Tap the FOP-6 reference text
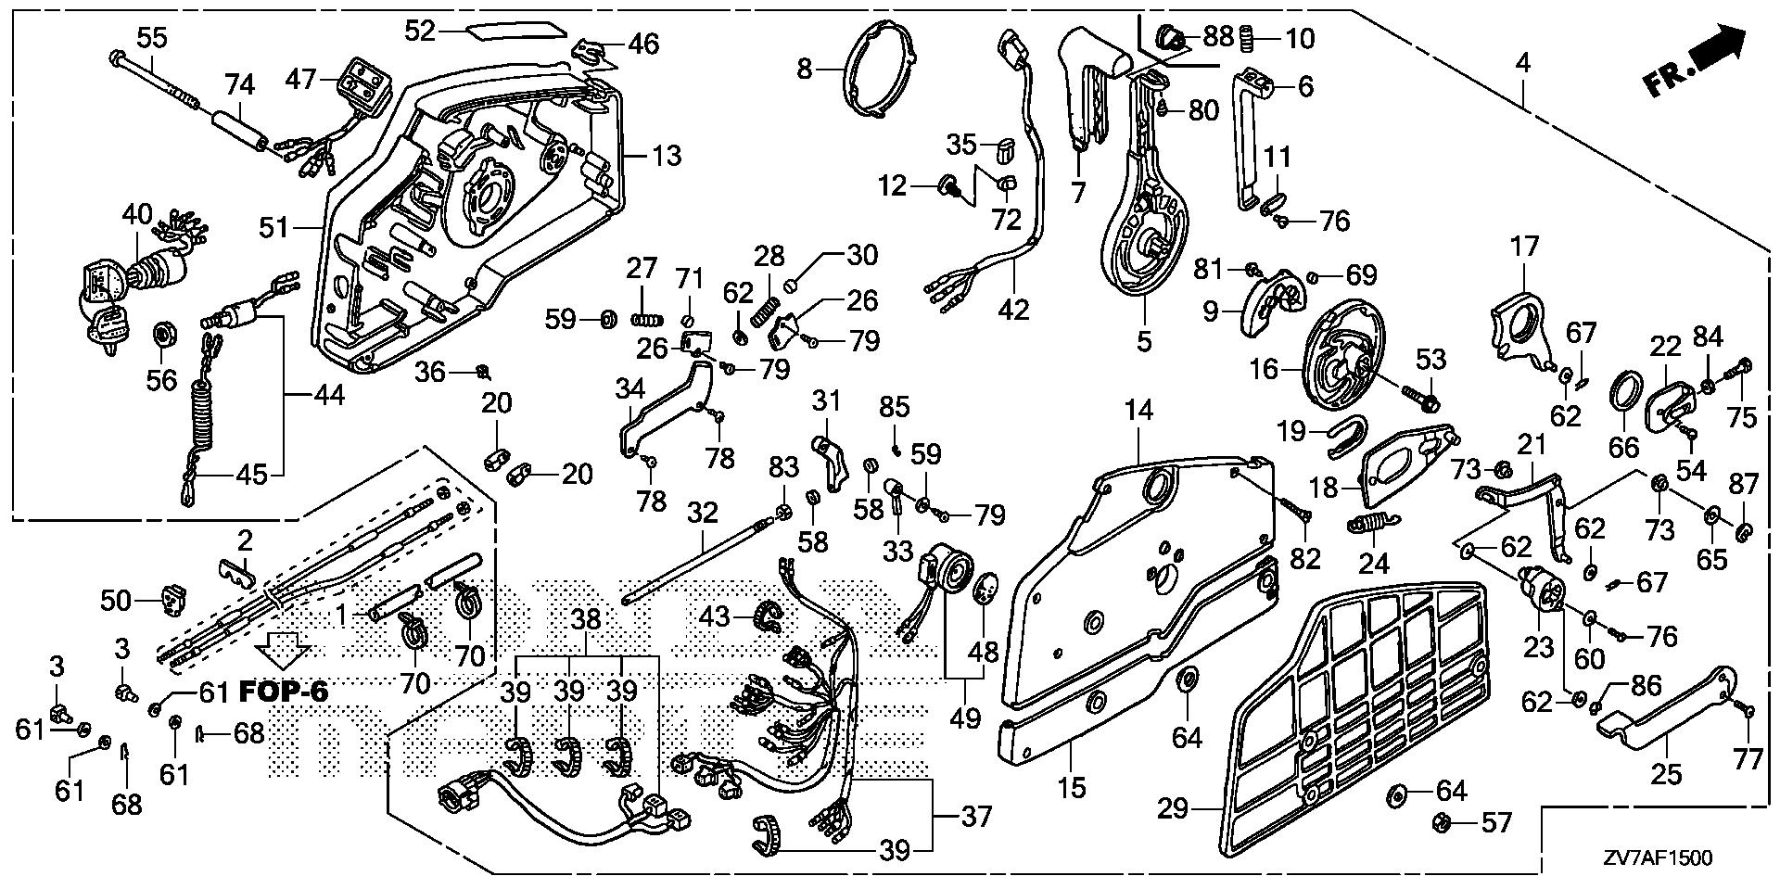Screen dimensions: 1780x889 (284, 691)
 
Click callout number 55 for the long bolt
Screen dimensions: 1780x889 (152, 37)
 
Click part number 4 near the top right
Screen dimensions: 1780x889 (1522, 63)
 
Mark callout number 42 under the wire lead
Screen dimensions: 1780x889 (1014, 309)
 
